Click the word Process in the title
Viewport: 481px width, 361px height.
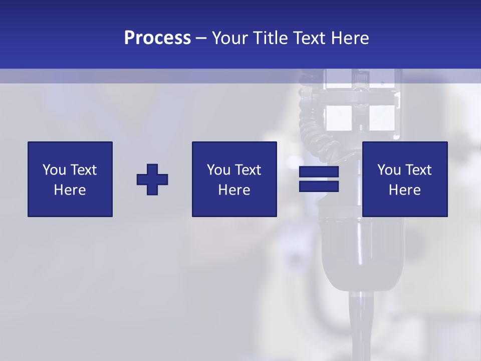pyautogui.click(x=157, y=38)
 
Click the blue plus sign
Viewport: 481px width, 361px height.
pyautogui.click(x=152, y=179)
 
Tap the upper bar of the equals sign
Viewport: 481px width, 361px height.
pyautogui.click(x=319, y=172)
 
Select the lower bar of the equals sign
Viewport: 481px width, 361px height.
pyautogui.click(x=319, y=186)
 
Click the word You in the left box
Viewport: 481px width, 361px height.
pyautogui.click(x=54, y=170)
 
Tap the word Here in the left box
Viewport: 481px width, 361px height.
pyautogui.click(x=70, y=190)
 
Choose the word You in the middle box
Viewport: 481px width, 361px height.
pyautogui.click(x=218, y=170)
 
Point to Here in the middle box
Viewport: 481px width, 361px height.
pyautogui.click(x=234, y=190)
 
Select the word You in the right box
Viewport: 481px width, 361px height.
pyautogui.click(x=389, y=170)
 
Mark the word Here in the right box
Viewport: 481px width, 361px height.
pyautogui.click(x=404, y=190)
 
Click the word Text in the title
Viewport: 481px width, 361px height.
pyautogui.click(x=308, y=38)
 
